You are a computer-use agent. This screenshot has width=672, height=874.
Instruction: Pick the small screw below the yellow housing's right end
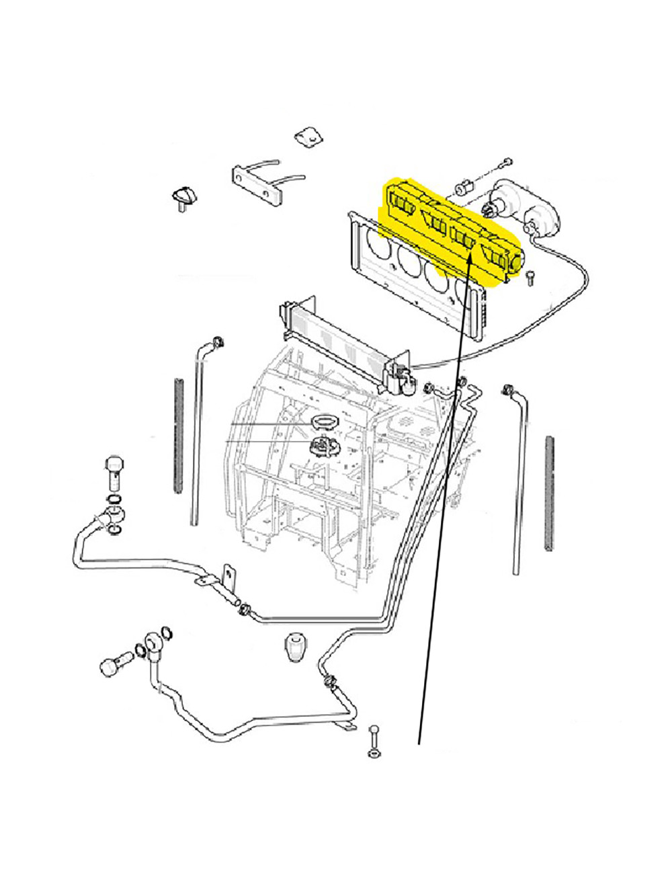tap(530, 276)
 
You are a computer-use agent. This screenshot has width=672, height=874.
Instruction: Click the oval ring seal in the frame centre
tap(324, 422)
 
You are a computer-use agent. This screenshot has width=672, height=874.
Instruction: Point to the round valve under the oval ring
tap(324, 445)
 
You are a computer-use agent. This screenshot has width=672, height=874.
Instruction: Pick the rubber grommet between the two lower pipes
tap(292, 647)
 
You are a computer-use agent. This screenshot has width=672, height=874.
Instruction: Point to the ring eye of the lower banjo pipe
tap(153, 643)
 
